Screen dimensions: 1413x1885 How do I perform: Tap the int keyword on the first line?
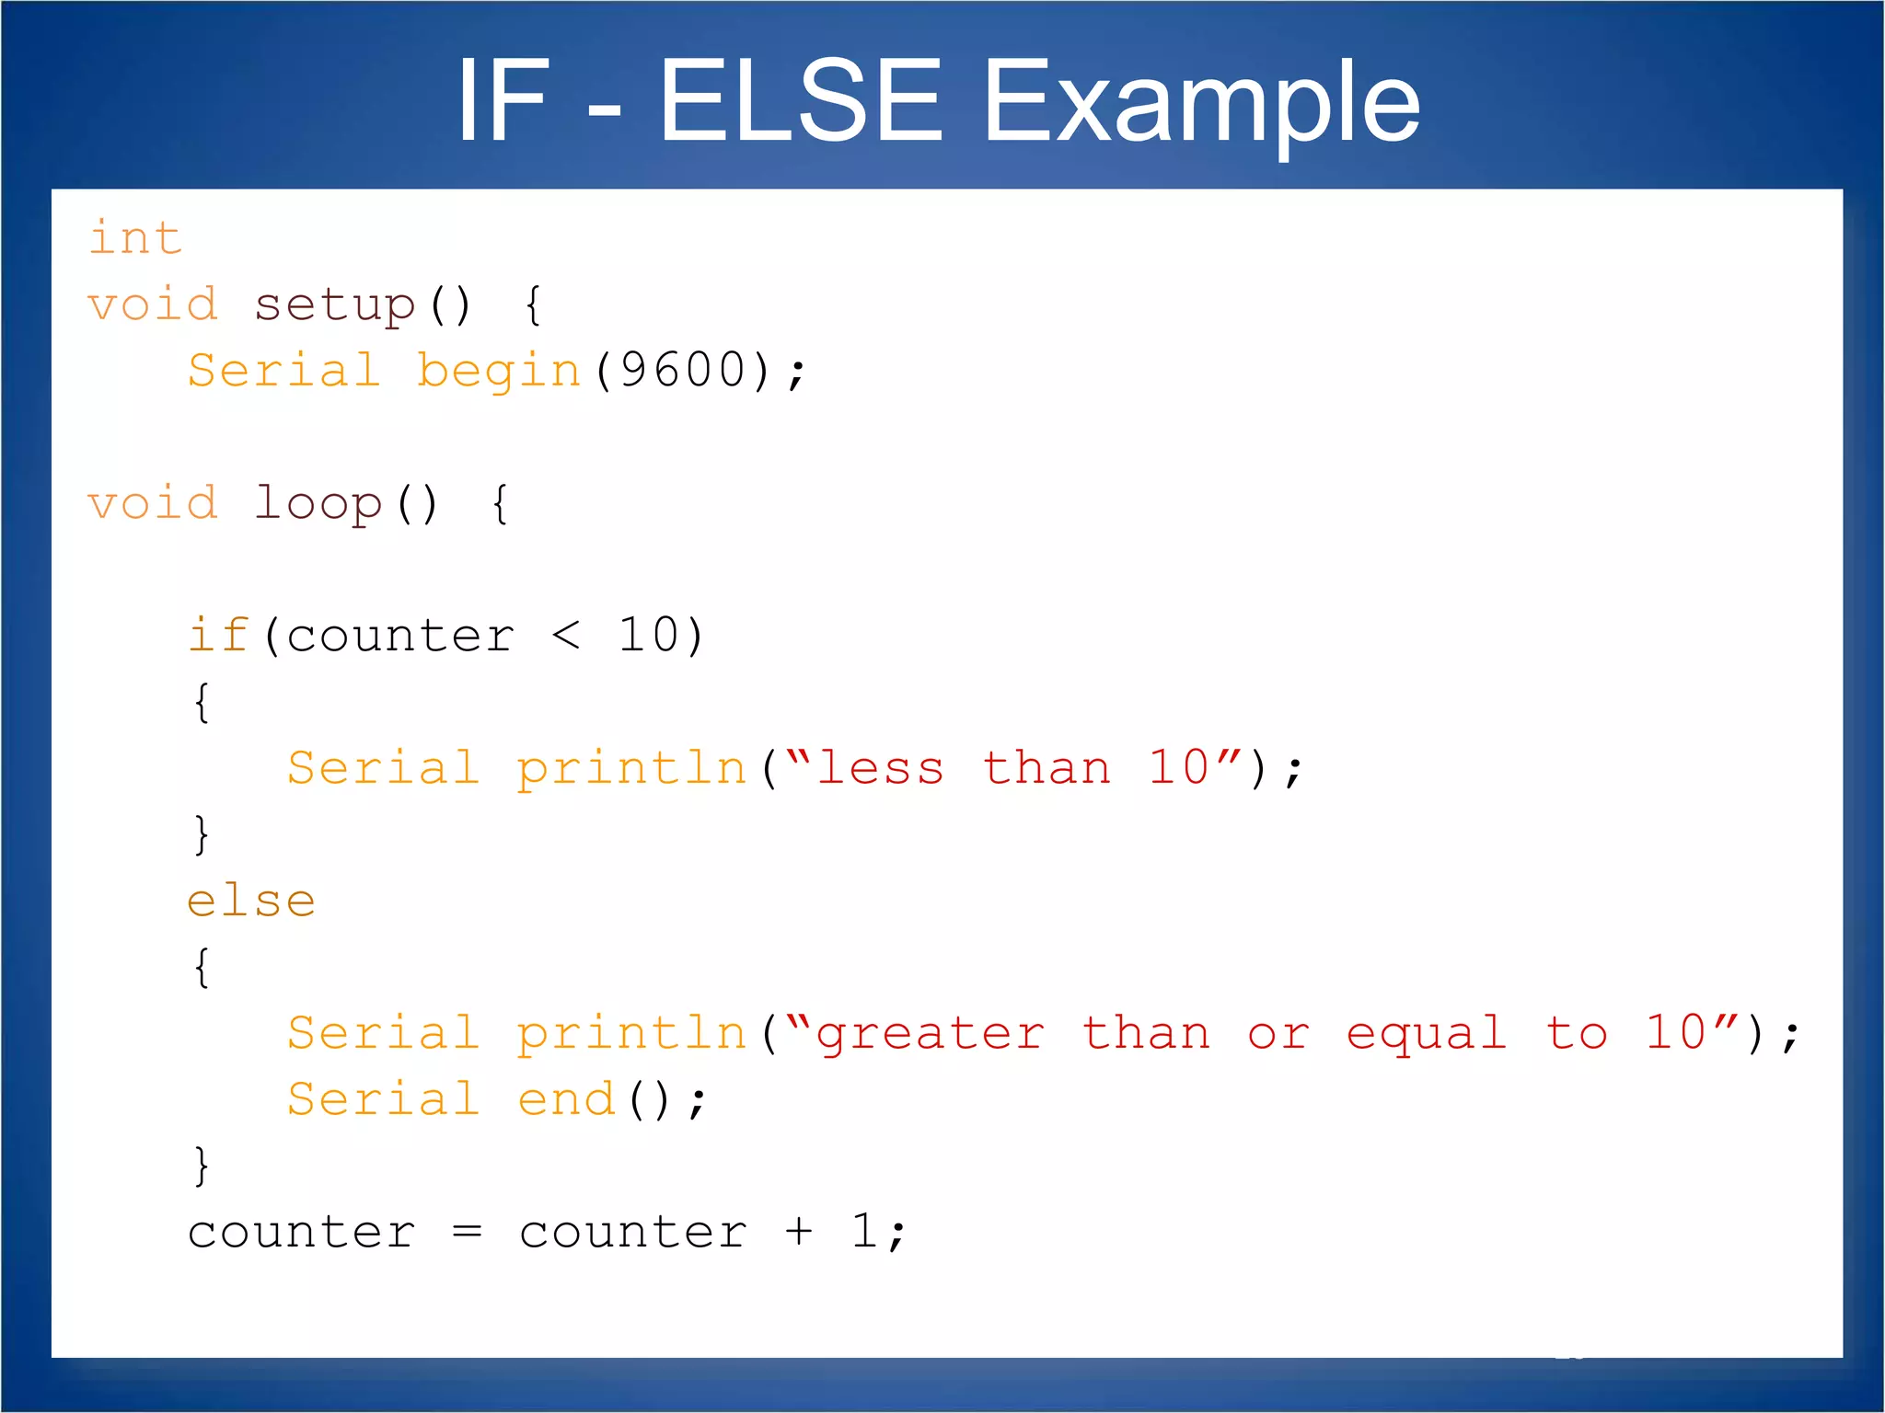(135, 238)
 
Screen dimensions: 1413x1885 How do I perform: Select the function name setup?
(335, 305)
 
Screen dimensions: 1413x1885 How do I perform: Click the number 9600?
(683, 371)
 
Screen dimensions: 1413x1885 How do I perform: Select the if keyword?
(218, 636)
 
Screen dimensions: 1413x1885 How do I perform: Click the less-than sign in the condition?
(566, 636)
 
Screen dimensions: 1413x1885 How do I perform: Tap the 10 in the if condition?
(648, 636)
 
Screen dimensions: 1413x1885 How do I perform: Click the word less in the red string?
(880, 768)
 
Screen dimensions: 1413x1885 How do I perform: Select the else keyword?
(250, 901)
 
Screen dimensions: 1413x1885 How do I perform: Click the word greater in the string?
(930, 1035)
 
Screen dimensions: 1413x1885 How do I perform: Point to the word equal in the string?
(1426, 1035)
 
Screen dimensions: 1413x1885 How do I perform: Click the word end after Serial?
(566, 1099)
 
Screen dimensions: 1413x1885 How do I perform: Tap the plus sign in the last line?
(799, 1232)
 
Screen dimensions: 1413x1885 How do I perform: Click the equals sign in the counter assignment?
(468, 1232)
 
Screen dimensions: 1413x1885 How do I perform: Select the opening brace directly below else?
(202, 967)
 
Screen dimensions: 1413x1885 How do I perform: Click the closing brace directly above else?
(202, 834)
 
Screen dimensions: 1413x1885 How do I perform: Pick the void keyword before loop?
(153, 504)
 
